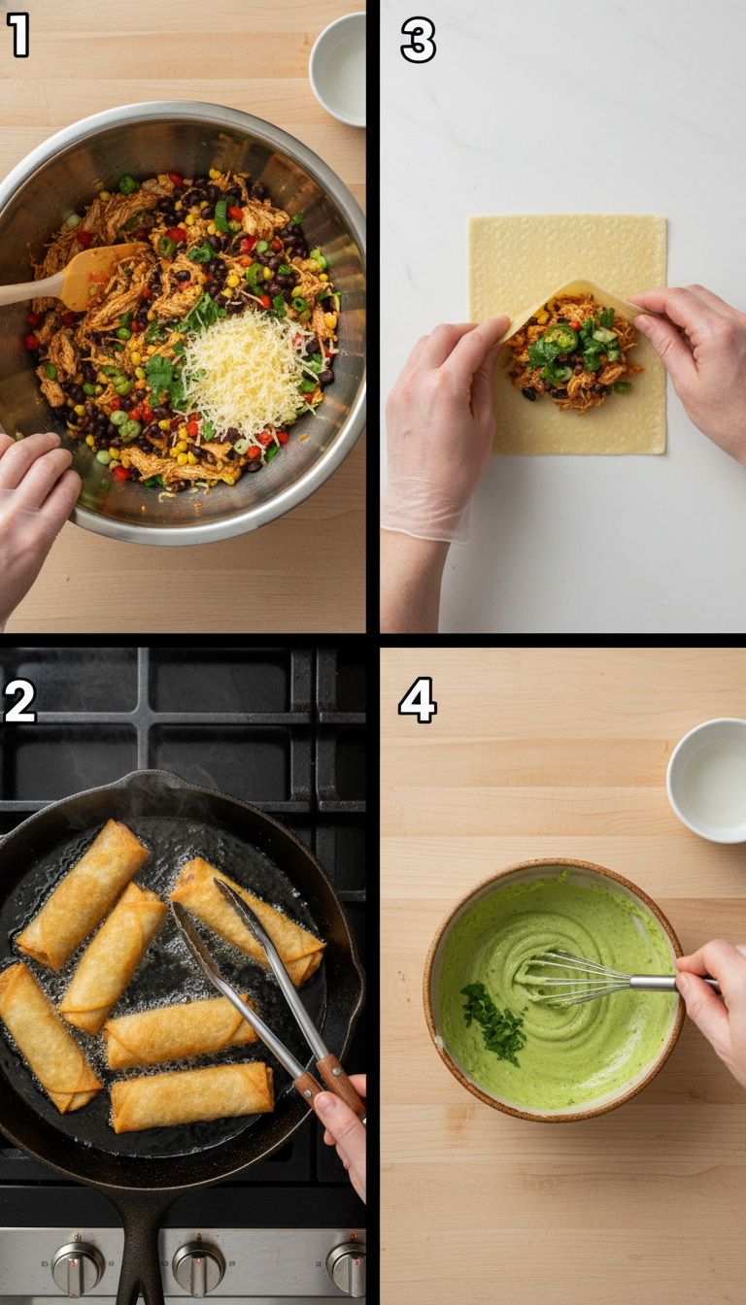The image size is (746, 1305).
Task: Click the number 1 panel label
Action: [18, 36]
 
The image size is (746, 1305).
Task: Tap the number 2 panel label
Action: [19, 702]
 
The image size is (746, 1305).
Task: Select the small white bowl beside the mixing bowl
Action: [338, 67]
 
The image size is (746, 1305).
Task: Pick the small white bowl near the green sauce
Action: [707, 779]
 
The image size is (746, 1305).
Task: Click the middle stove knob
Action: [198, 1265]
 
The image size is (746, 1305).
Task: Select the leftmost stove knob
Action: [78, 1266]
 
